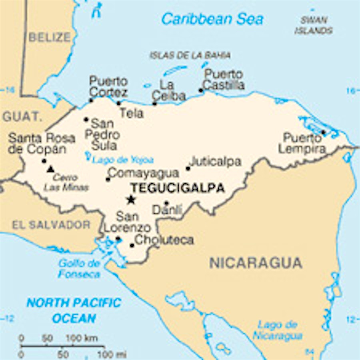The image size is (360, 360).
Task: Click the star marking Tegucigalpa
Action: (x=130, y=199)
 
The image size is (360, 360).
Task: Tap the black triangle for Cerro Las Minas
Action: (x=50, y=169)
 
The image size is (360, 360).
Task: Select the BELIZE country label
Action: (x=50, y=37)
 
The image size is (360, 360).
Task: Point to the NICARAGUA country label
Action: (x=256, y=263)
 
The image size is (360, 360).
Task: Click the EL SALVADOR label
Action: (x=51, y=225)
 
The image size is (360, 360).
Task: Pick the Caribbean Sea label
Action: (x=212, y=19)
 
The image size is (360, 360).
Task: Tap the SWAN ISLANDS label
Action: (x=314, y=25)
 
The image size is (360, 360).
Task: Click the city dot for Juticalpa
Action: (x=188, y=168)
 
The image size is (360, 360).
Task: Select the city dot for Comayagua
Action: (x=108, y=179)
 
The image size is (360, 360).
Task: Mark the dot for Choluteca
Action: (x=132, y=245)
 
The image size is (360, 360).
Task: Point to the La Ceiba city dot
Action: (x=155, y=104)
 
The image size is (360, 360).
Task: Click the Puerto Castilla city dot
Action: (x=201, y=90)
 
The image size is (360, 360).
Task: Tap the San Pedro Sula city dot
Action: (x=86, y=119)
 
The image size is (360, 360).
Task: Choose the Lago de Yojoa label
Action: (x=123, y=160)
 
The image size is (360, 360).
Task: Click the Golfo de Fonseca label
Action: (x=79, y=268)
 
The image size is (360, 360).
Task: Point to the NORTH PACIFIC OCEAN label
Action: (x=74, y=310)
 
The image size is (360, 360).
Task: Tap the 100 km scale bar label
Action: (x=82, y=338)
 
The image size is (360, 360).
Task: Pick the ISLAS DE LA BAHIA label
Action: (x=190, y=55)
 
